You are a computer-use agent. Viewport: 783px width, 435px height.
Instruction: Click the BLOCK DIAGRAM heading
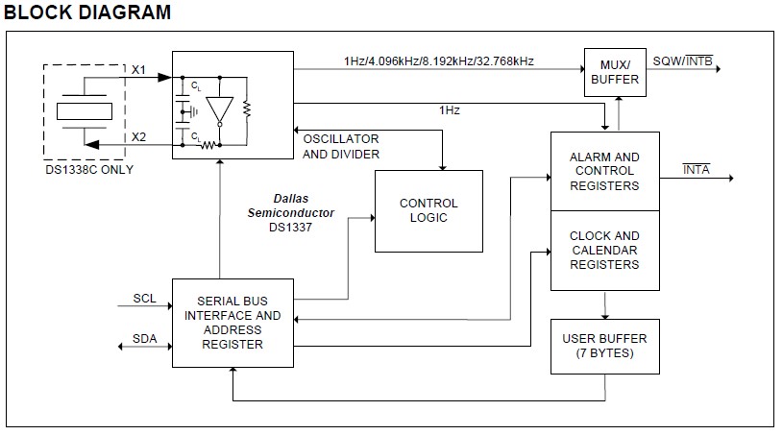coord(88,12)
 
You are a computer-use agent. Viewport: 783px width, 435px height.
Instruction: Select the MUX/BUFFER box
coord(613,72)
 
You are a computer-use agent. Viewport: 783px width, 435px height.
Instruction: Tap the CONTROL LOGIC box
coord(428,210)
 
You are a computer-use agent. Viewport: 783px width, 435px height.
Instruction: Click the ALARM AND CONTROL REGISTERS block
coord(604,172)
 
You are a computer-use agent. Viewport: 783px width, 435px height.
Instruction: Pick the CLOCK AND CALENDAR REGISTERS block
coord(604,251)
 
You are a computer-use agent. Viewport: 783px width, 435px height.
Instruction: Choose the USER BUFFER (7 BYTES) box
coord(604,346)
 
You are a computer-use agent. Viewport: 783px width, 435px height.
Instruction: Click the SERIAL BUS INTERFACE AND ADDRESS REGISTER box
coord(233,323)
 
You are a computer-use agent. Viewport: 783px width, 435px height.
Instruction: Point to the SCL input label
coord(144,299)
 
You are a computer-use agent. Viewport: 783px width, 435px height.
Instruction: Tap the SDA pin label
coord(144,340)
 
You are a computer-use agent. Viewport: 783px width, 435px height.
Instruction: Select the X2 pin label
coord(139,136)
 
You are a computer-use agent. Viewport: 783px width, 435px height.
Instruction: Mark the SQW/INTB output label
coord(682,61)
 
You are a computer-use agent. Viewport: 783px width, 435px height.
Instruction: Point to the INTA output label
coord(696,169)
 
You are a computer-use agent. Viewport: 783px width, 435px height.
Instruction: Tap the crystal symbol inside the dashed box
coord(86,110)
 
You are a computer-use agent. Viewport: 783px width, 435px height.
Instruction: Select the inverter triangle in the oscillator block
coord(221,109)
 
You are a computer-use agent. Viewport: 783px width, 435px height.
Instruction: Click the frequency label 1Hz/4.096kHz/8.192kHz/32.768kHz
coord(438,61)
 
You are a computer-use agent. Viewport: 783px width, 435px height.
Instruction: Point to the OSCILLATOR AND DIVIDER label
coord(341,146)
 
